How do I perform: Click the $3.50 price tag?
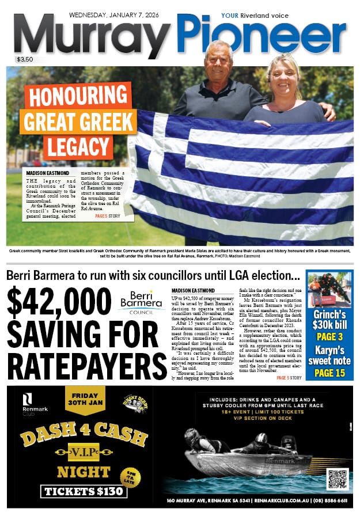pos(25,59)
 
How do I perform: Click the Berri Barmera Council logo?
pos(141,302)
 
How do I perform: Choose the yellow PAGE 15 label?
pos(329,373)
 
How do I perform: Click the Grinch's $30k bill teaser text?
pos(329,320)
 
